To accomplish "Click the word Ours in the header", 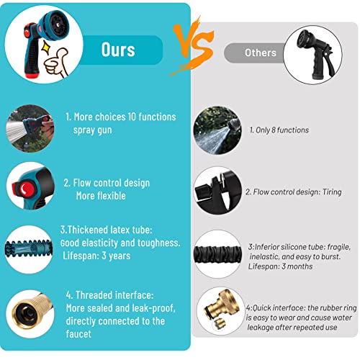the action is [118, 50].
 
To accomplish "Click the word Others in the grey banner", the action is [261, 53].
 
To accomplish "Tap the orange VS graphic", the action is [192, 45].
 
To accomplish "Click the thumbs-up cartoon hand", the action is [56, 63].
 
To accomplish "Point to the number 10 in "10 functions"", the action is [132, 117].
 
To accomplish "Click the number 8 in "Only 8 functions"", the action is [273, 130].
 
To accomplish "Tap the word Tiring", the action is [332, 192].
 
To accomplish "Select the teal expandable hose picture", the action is [29, 250].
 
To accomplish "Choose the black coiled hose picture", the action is [217, 254].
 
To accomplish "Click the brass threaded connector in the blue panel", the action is [31, 312].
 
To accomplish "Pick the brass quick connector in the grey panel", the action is [221, 310].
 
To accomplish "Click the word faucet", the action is [78, 334].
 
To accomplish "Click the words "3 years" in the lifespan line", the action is [116, 256].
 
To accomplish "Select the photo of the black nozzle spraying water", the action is [217, 130].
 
